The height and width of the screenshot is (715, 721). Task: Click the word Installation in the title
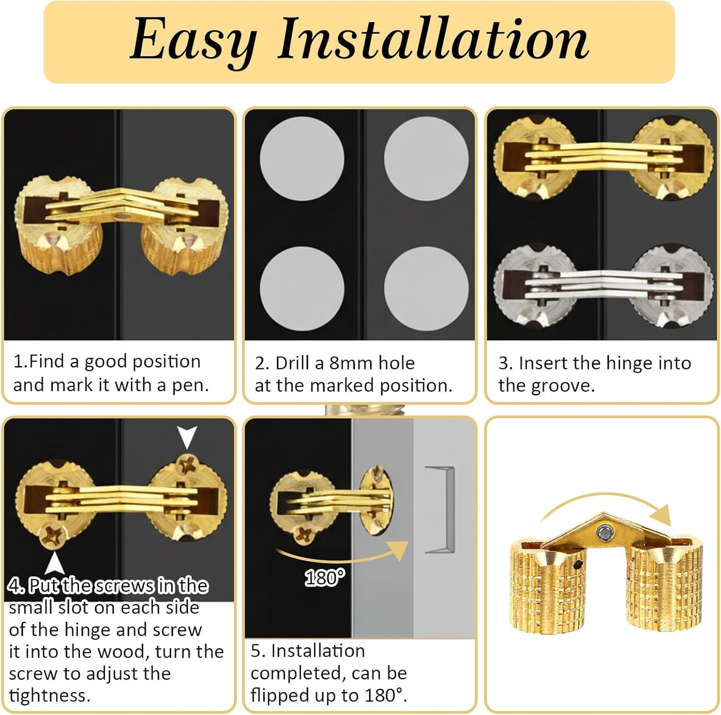coord(433,38)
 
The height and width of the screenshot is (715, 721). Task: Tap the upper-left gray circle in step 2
coord(302,159)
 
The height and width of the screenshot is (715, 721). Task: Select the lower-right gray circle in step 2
coord(426,288)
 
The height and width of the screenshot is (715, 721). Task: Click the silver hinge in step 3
coord(603,287)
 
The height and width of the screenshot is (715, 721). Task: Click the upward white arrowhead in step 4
coord(54,564)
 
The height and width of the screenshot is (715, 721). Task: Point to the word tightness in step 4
coord(50,696)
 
